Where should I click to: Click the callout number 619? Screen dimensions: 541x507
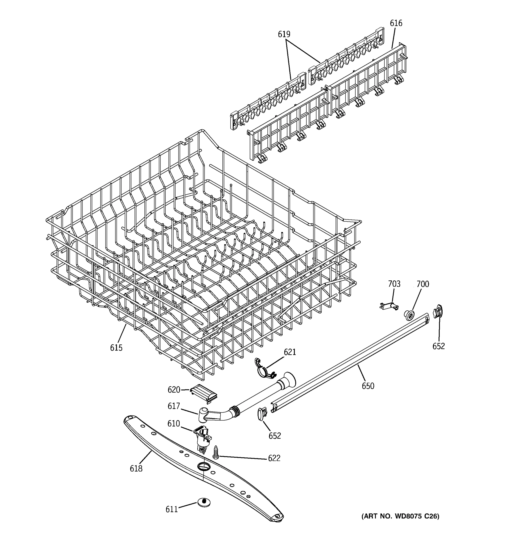(284, 34)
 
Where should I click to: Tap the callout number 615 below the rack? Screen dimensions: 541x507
(116, 348)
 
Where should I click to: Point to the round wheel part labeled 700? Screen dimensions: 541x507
(409, 315)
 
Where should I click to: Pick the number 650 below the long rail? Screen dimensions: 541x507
(368, 386)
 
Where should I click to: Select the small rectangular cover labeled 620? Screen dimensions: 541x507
(204, 393)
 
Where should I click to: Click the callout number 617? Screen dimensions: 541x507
(174, 406)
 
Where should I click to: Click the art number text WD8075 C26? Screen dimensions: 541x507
(400, 516)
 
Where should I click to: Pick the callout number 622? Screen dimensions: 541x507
(274, 458)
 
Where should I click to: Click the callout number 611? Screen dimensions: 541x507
(172, 509)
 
